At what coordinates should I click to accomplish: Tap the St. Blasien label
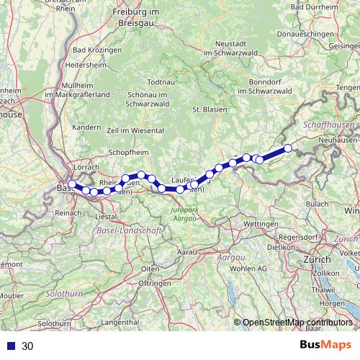[206, 109]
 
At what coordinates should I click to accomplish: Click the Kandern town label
[86, 127]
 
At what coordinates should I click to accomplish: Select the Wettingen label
[261, 225]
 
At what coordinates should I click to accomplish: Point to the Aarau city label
[188, 253]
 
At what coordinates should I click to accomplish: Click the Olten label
[150, 269]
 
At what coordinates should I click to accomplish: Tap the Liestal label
[106, 216]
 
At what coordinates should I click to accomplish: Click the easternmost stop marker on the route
[288, 148]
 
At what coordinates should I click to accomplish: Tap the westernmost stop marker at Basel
[72, 185]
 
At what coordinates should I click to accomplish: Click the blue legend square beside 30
[9, 346]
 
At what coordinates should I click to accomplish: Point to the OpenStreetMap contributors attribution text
[297, 323]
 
